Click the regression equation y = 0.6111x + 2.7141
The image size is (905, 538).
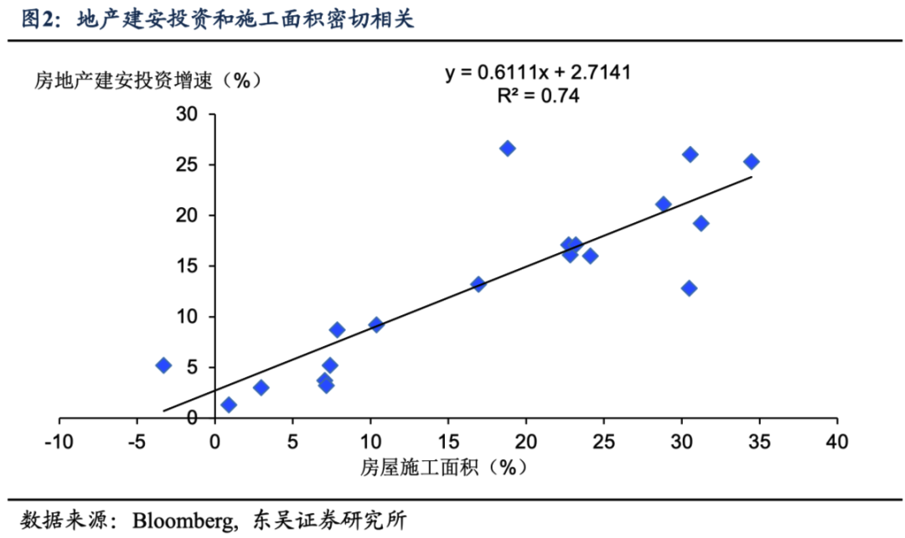538,73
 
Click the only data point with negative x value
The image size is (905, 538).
163,365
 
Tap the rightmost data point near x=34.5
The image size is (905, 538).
752,162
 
